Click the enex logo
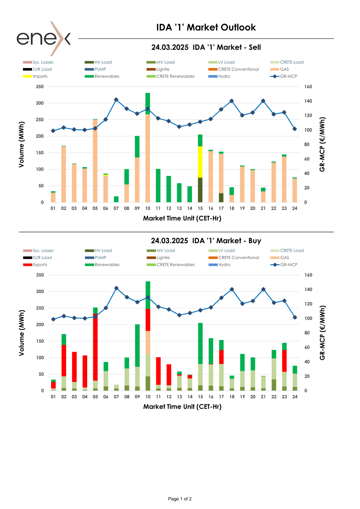tap(44, 38)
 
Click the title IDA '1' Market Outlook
tap(206, 27)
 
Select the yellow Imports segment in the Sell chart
tap(200, 162)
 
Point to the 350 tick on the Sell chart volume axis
tap(40, 87)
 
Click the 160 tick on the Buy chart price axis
tap(308, 275)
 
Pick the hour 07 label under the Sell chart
tap(116, 208)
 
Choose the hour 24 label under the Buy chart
tap(295, 397)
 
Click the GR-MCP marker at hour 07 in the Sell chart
tap(116, 100)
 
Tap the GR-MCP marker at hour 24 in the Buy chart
tap(295, 318)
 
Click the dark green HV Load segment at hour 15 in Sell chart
tap(200, 190)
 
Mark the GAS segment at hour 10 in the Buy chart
tap(148, 342)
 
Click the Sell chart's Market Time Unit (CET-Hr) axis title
tap(182, 218)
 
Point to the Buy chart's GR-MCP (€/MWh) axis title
tap(323, 333)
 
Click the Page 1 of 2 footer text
tap(180, 499)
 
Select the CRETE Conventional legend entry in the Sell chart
tap(238, 69)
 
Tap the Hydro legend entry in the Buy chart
tap(224, 265)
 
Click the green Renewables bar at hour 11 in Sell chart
tap(158, 185)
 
